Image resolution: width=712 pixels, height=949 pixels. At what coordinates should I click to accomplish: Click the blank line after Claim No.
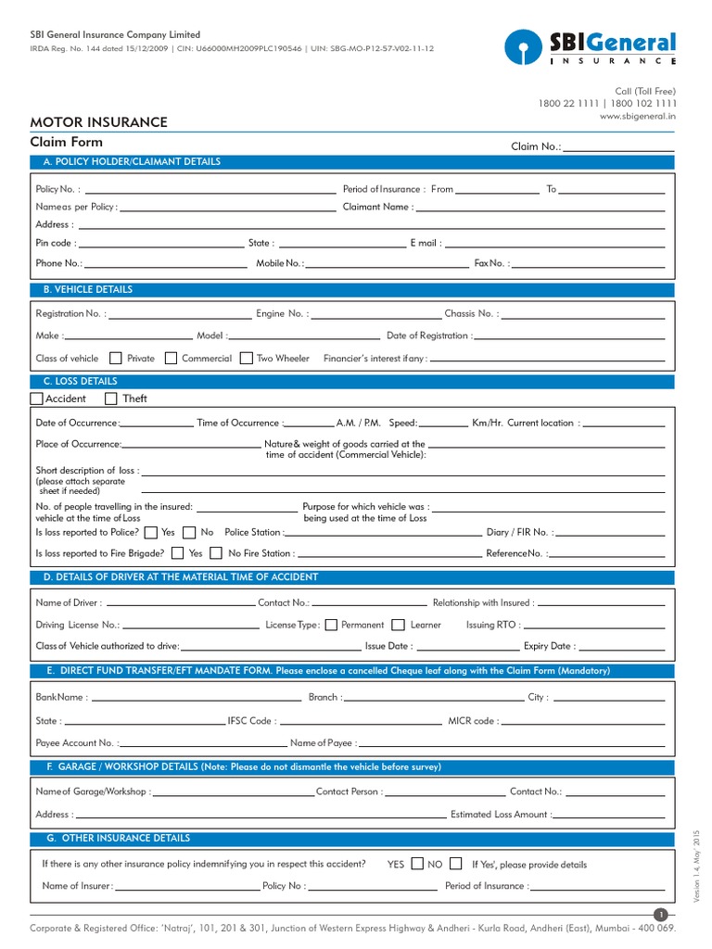point(618,146)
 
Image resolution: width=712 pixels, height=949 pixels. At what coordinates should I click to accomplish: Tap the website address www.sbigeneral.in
point(638,117)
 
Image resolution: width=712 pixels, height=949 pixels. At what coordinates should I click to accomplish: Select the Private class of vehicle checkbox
point(116,358)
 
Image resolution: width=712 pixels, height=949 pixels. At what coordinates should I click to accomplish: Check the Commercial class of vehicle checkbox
point(171,358)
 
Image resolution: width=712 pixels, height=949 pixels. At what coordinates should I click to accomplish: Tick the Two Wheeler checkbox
point(246,358)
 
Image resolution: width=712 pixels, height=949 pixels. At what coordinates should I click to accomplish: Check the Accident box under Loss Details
point(36,399)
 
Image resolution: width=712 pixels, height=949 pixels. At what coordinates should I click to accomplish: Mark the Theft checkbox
point(111,399)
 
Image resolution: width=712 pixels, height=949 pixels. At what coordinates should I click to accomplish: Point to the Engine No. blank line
point(376,314)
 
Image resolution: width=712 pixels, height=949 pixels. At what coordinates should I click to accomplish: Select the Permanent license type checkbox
point(332,625)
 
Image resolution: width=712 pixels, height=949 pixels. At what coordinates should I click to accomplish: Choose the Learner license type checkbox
point(399,625)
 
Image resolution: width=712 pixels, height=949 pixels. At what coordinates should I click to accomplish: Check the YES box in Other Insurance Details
point(417,864)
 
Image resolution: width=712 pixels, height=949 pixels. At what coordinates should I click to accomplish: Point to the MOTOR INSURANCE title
point(99,122)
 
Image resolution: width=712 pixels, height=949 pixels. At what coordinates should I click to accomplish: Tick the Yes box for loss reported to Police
point(151,533)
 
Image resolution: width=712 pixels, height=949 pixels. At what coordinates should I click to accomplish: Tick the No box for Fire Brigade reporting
point(215,553)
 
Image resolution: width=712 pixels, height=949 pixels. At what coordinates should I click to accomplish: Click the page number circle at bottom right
point(661,916)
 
